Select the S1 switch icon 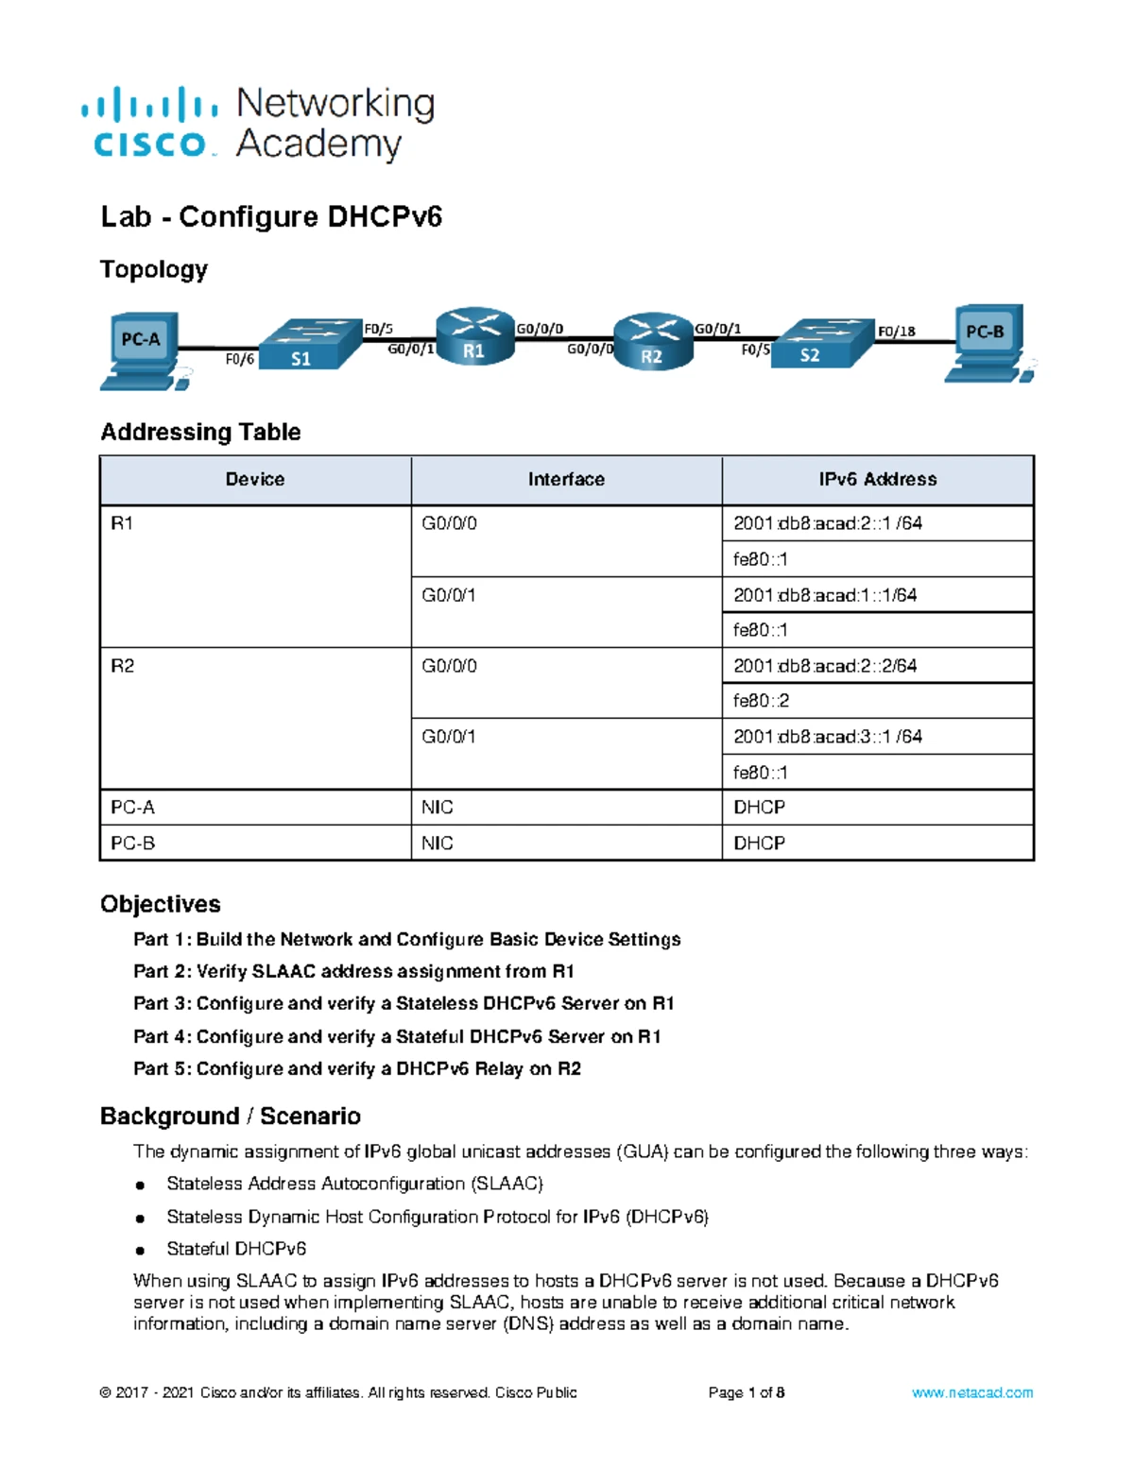tap(310, 345)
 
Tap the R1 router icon tap(474, 337)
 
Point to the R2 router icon tap(652, 342)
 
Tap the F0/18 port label tap(896, 331)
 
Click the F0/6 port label tap(240, 359)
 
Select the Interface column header tap(566, 480)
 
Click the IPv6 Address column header tap(878, 480)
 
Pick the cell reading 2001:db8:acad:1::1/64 tap(825, 595)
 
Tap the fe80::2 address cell tap(762, 701)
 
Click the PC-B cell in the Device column tap(133, 843)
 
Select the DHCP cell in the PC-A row tap(760, 808)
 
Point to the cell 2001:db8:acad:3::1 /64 tap(828, 737)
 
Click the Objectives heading tap(161, 904)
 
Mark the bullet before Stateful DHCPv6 tap(140, 1250)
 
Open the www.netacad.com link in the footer tap(971, 1392)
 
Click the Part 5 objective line tap(357, 1068)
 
